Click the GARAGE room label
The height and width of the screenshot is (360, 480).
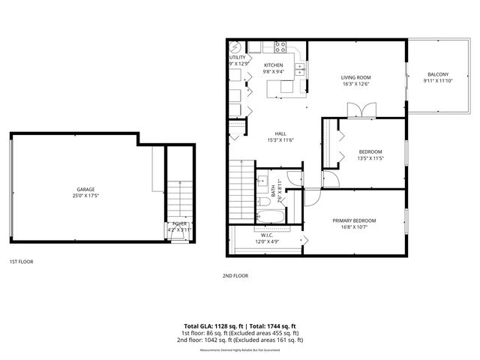[85, 189]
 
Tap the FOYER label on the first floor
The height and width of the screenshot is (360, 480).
[180, 223]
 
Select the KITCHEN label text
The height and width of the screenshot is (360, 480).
[273, 65]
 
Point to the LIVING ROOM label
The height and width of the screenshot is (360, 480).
[357, 76]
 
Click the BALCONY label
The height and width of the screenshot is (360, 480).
[438, 74]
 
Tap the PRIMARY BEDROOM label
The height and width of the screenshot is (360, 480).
[355, 220]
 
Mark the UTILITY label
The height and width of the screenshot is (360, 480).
[237, 57]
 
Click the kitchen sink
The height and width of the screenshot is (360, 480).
[300, 70]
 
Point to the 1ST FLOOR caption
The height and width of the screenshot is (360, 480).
[20, 262]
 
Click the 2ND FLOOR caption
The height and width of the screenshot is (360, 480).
[235, 275]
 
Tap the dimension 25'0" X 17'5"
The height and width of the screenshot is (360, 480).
[85, 196]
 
